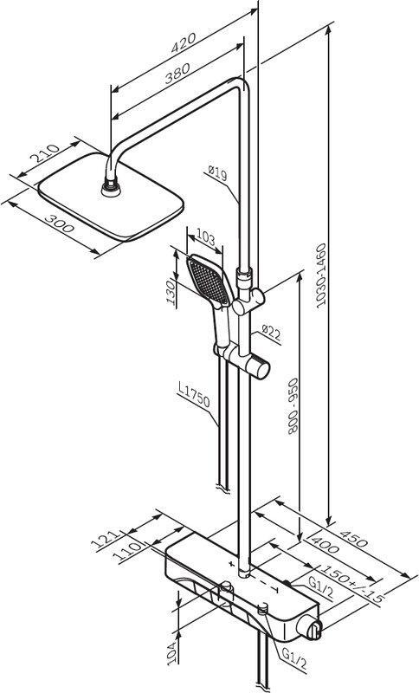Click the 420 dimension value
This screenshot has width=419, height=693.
(x=184, y=42)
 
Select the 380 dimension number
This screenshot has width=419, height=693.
(x=177, y=73)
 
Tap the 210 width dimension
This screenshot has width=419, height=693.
(x=44, y=153)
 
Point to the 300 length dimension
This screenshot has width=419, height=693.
(x=60, y=223)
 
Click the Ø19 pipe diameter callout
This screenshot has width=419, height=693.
(x=217, y=173)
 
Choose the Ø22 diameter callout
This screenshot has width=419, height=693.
(x=271, y=333)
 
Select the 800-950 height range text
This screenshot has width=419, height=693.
(x=293, y=405)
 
